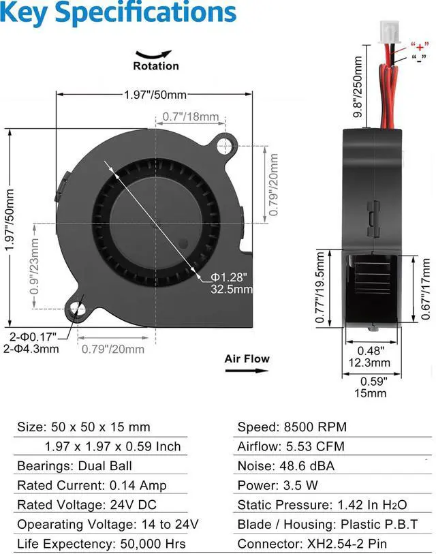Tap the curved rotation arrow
(155, 54)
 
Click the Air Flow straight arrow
(247, 371)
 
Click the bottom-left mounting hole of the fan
(78, 311)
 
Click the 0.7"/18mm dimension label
(191, 117)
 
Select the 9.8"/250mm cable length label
(358, 87)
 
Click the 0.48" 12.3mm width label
(371, 356)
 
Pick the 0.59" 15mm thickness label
(371, 387)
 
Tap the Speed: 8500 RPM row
(292, 427)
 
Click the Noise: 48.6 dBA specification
(285, 466)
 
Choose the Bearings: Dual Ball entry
(74, 466)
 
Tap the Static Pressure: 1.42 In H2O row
(322, 505)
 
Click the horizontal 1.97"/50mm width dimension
(155, 95)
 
